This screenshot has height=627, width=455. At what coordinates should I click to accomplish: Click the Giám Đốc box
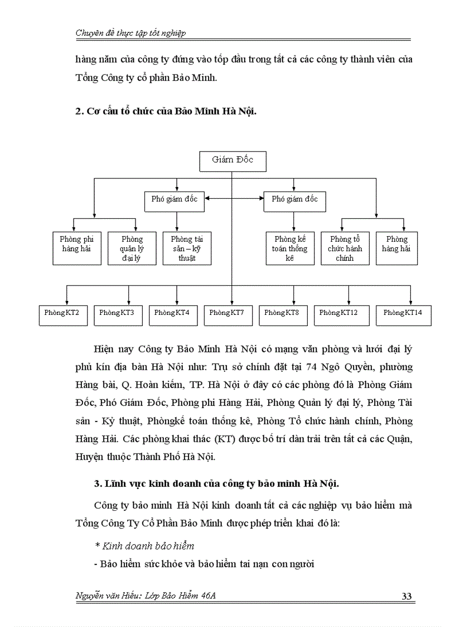(233, 161)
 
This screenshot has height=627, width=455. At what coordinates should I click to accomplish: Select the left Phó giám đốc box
(175, 199)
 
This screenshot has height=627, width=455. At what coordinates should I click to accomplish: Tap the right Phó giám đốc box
(294, 199)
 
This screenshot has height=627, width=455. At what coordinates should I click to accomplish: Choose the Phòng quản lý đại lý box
(132, 248)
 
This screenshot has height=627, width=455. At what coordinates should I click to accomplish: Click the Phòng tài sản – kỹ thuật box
(187, 248)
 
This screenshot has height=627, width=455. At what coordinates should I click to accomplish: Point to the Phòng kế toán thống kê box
(289, 248)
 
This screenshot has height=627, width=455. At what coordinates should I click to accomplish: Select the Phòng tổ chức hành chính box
(345, 248)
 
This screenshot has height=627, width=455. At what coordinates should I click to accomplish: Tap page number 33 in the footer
(406, 597)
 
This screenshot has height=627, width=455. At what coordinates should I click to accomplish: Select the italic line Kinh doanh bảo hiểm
(145, 545)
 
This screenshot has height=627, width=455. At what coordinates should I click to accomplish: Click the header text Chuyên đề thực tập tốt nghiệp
(130, 33)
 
